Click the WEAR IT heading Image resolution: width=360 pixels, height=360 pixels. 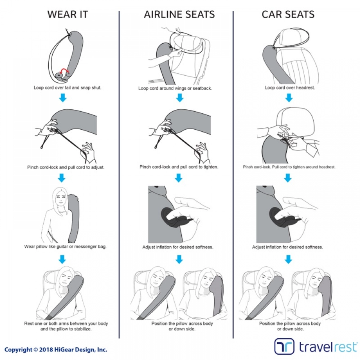tap(67, 14)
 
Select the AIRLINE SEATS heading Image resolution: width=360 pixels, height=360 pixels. tap(179, 14)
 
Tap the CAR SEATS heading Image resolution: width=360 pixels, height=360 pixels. tap(288, 14)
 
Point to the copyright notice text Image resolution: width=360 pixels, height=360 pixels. tap(56, 349)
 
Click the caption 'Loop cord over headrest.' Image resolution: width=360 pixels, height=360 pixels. tap(289, 87)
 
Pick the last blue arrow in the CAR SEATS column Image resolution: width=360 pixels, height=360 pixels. tap(288, 259)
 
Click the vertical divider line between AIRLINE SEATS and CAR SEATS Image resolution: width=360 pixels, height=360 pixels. tap(233, 180)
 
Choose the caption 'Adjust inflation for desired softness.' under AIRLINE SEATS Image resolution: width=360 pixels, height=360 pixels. tap(177, 247)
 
